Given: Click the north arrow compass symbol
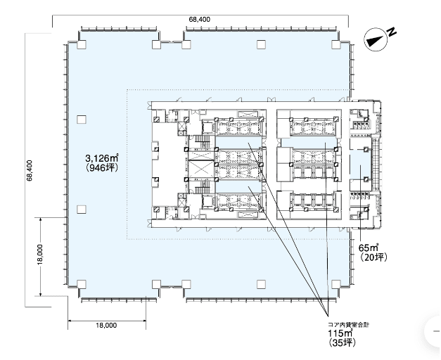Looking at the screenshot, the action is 376,39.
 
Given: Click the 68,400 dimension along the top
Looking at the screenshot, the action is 200,20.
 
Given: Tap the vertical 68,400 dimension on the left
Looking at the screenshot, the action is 30,170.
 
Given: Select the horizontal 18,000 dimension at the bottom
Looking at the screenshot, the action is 106,325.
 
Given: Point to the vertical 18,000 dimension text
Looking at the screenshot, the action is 40,255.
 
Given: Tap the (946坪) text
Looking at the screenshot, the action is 101,167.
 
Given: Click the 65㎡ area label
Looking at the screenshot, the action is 369,247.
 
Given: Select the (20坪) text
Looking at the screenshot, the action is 373,257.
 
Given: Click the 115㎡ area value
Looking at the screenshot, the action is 340,333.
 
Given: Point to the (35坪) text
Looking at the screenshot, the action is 342,342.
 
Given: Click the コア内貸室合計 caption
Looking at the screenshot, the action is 348,325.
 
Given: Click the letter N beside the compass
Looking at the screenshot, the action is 392,32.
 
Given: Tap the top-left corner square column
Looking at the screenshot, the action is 82,44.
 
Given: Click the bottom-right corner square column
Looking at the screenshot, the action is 336,285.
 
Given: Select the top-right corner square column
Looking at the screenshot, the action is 336,44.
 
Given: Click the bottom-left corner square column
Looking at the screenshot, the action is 82,285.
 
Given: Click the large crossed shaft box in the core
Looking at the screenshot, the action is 200,169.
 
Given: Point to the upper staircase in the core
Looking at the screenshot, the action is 203,139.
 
